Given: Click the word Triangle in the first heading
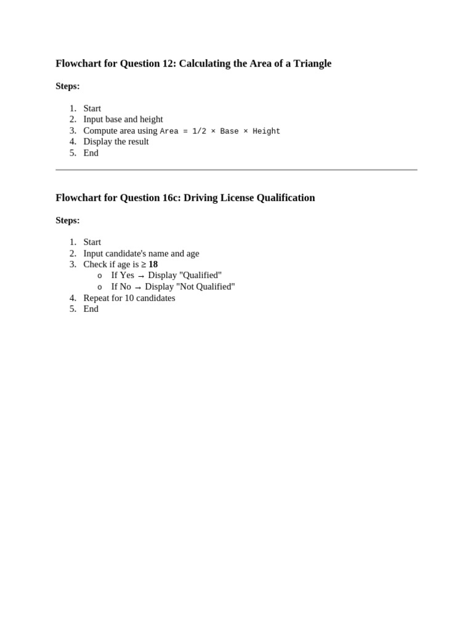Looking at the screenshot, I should pyautogui.click(x=311, y=63).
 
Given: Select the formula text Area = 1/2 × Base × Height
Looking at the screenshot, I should pyautogui.click(x=220, y=131).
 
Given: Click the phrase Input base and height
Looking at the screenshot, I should pyautogui.click(x=123, y=119).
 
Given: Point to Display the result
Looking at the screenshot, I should pyautogui.click(x=116, y=142).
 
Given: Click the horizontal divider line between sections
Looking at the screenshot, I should pyautogui.click(x=236, y=169).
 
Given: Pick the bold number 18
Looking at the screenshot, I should pyautogui.click(x=153, y=265).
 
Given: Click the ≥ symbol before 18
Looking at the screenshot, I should pyautogui.click(x=144, y=265).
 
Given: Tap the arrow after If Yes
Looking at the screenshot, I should pyautogui.click(x=141, y=276).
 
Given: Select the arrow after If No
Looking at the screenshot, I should pyautogui.click(x=138, y=287).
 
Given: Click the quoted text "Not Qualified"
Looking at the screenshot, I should pyautogui.click(x=206, y=287).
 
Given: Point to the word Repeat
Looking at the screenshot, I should pyautogui.click(x=97, y=298).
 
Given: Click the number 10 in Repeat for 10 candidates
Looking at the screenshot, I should pyautogui.click(x=129, y=298).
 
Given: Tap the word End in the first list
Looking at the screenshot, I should pyautogui.click(x=91, y=153).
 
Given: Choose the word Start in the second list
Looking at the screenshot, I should pyautogui.click(x=92, y=242).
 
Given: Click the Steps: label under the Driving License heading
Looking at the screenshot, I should pyautogui.click(x=68, y=220).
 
